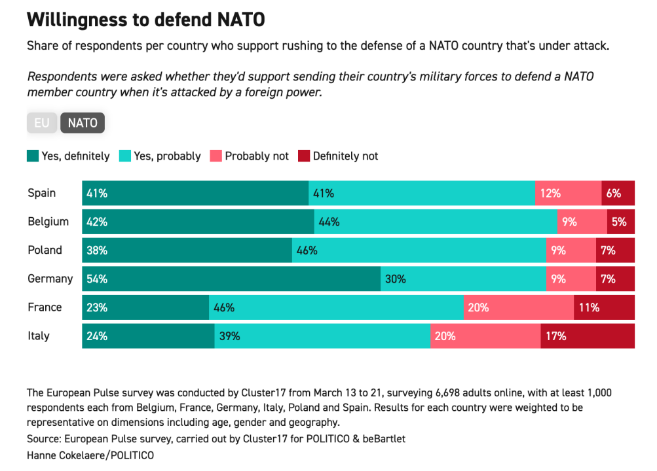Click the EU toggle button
(x=41, y=123)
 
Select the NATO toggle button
(x=83, y=123)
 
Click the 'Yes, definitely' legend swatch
(x=33, y=156)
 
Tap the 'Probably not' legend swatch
(x=216, y=156)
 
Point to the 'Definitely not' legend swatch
(x=304, y=156)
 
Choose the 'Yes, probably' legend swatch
(x=124, y=156)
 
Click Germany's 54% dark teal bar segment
(x=231, y=279)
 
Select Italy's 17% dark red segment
(x=588, y=336)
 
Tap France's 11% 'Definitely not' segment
(x=604, y=307)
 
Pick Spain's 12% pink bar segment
(x=568, y=193)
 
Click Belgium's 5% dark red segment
(x=620, y=222)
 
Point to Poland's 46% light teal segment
(x=419, y=250)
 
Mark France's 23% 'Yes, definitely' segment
(x=145, y=307)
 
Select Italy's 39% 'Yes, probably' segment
(x=322, y=336)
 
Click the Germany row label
(x=50, y=279)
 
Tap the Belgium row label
(x=48, y=222)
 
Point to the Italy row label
(x=39, y=336)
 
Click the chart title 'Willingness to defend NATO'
(x=146, y=20)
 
